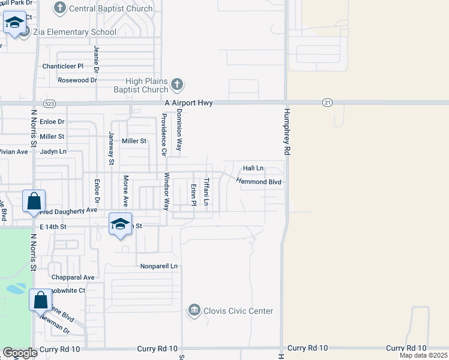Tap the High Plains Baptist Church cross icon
point(177,85)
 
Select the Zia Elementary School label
point(74,32)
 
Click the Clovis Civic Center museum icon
point(194,310)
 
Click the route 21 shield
point(327,103)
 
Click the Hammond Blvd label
point(259,181)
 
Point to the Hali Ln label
point(253,169)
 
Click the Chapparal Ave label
point(73,277)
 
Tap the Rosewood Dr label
point(77,80)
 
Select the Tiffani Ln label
point(206,192)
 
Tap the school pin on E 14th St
point(120,224)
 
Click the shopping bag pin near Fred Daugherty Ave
point(34,201)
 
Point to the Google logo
point(20,353)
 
